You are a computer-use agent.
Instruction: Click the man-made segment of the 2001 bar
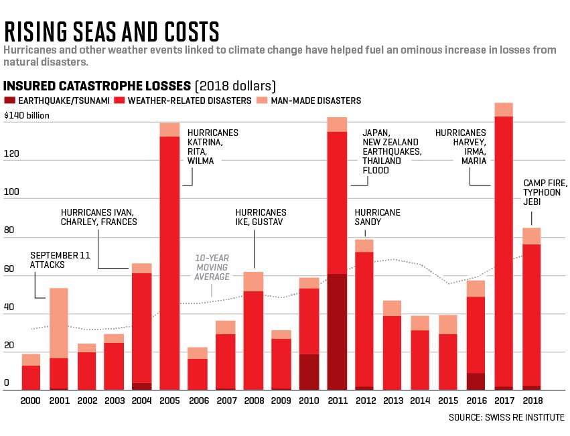(58, 323)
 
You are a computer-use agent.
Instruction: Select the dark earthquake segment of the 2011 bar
(337, 332)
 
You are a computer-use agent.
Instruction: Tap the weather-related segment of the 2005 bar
(169, 263)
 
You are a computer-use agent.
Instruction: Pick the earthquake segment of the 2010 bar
(309, 372)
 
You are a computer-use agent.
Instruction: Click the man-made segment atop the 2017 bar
(504, 110)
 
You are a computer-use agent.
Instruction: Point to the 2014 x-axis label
(420, 401)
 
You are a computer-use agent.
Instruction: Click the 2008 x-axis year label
(254, 401)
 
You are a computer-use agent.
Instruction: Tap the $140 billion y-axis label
(27, 115)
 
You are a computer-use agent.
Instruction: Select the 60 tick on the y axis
(9, 269)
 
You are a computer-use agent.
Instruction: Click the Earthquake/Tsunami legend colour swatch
(9, 100)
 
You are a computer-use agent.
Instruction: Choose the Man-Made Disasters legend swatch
(262, 100)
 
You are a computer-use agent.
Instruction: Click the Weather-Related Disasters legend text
(190, 100)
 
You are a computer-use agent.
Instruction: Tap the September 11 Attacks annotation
(60, 260)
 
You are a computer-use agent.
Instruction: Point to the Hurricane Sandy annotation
(377, 217)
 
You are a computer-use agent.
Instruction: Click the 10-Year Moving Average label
(212, 267)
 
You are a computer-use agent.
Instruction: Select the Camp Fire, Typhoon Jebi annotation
(545, 192)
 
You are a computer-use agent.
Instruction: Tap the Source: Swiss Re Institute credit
(506, 417)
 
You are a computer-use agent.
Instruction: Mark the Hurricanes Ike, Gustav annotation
(261, 217)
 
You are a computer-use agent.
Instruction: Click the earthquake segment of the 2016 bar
(476, 382)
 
